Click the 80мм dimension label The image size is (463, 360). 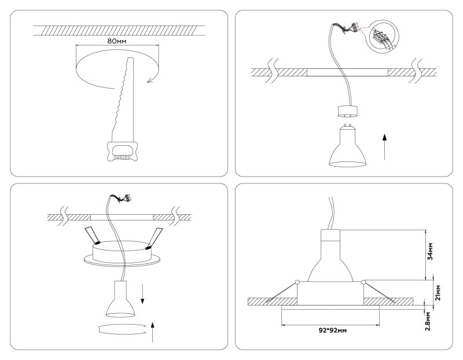pyautogui.click(x=117, y=42)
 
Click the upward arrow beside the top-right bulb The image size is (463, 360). pyautogui.click(x=384, y=145)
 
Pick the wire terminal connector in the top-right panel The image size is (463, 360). pyautogui.click(x=353, y=27)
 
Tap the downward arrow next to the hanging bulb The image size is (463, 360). pyautogui.click(x=144, y=294)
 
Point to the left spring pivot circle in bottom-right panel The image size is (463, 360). pyautogui.click(x=297, y=282)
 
